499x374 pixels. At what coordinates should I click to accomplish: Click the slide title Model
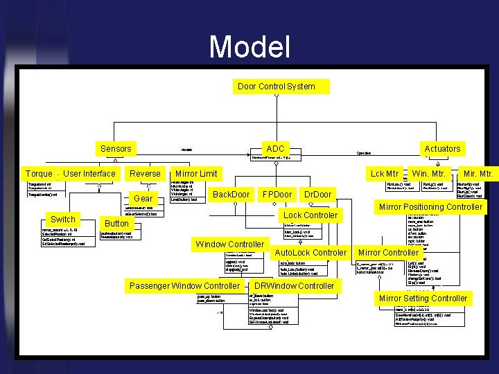(249, 47)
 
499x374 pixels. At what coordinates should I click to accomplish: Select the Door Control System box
(277, 87)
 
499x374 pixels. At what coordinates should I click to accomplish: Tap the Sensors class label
(116, 148)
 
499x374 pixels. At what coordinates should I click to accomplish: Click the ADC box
(276, 148)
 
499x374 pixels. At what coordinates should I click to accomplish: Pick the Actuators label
(442, 148)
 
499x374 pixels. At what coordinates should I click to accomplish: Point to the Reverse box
(145, 173)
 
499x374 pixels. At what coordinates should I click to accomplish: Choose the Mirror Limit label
(196, 173)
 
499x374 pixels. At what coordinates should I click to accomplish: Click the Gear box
(143, 198)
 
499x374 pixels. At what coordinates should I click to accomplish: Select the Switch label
(63, 219)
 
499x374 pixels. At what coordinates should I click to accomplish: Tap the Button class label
(116, 223)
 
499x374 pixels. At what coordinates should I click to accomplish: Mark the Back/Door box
(231, 194)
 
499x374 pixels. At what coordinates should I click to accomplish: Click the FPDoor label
(277, 194)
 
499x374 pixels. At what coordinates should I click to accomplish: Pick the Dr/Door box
(318, 194)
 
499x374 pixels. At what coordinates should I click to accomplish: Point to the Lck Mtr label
(385, 173)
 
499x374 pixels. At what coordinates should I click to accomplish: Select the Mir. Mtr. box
(479, 173)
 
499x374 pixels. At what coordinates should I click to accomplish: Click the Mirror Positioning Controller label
(430, 206)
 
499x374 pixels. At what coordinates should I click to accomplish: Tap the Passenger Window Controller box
(185, 285)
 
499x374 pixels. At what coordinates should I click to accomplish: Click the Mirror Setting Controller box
(423, 298)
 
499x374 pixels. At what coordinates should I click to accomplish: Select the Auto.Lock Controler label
(310, 252)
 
